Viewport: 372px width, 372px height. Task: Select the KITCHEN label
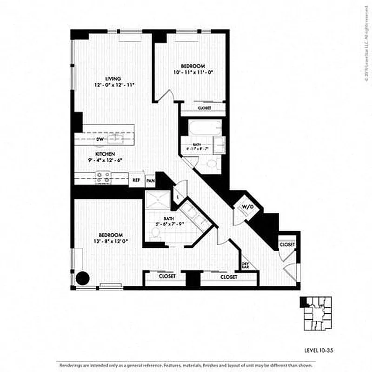point(105,154)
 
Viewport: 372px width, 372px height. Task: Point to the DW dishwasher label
point(100,139)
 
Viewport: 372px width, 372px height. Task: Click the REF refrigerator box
point(137,180)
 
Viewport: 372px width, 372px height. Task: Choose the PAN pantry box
point(150,180)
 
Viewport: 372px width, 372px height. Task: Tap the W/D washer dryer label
point(246,207)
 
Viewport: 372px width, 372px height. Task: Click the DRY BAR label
point(245,265)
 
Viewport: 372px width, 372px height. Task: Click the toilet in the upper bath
point(213,163)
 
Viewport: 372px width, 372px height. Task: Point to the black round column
point(83,278)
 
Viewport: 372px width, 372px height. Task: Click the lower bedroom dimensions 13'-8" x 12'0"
point(111,241)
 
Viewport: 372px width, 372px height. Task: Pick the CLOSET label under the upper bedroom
point(205,108)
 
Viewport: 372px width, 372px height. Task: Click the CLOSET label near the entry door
point(287,244)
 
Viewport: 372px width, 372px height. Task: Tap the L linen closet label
point(178,197)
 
